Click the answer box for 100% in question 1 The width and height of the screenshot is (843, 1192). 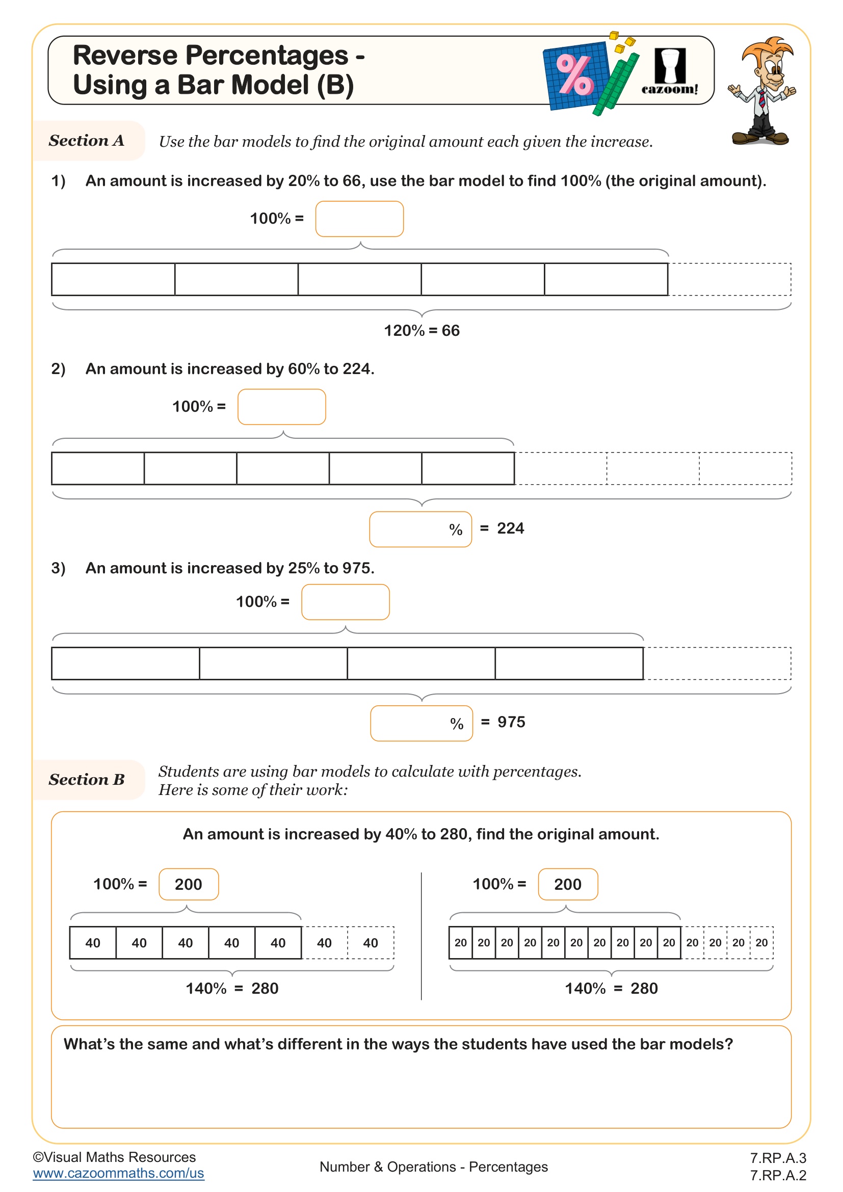click(x=359, y=219)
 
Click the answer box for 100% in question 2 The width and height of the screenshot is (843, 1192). click(x=281, y=407)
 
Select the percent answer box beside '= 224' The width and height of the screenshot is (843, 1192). click(x=420, y=529)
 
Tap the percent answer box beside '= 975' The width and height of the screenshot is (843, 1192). click(x=421, y=723)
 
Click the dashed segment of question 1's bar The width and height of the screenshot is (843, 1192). click(x=729, y=279)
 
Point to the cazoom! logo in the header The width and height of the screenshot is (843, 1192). click(x=670, y=72)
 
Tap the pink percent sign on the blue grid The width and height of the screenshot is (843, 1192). click(x=574, y=75)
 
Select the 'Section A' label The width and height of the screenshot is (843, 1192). click(x=87, y=141)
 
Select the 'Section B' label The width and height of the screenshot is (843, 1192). click(x=87, y=779)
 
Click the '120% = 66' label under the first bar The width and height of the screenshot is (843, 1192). click(x=422, y=331)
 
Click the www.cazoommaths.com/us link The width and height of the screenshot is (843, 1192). click(x=118, y=1173)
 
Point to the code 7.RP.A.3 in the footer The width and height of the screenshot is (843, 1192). click(x=778, y=1158)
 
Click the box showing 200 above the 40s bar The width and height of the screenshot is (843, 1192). click(x=189, y=884)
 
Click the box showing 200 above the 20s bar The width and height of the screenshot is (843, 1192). click(x=567, y=884)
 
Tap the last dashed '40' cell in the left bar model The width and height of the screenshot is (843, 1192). click(x=370, y=943)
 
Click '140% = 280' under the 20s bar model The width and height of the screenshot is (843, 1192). click(x=611, y=988)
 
